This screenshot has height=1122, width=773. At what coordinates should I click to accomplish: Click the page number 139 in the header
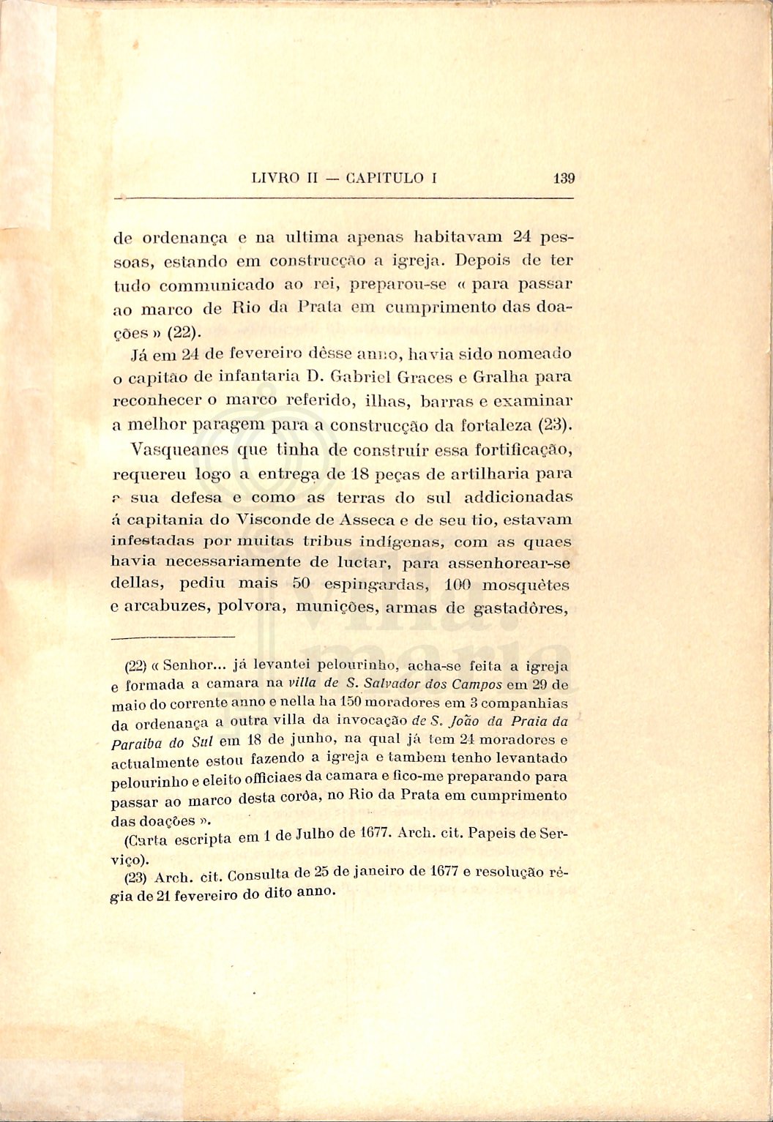point(564,178)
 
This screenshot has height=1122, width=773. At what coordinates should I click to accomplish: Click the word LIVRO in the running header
point(275,178)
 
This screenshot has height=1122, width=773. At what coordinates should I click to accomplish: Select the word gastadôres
point(522,607)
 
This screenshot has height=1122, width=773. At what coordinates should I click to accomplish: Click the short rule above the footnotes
point(175,636)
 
